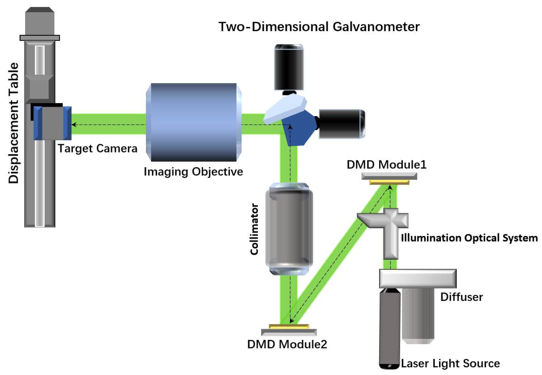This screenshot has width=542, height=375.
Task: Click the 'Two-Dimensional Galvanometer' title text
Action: [319, 27]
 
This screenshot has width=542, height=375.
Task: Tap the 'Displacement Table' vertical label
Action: [13, 123]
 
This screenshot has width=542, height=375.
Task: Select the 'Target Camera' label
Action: [97, 148]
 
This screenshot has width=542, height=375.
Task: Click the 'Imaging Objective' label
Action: [193, 171]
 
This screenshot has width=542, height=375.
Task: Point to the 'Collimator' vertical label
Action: [254, 229]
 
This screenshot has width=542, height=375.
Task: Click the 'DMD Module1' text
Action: [386, 165]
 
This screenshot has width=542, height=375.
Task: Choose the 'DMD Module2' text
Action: [287, 344]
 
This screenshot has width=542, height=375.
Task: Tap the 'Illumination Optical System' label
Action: [469, 238]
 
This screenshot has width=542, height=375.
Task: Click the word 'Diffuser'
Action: [461, 297]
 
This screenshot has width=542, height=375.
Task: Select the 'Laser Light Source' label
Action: [450, 363]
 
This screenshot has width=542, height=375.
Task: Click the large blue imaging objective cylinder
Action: [194, 122]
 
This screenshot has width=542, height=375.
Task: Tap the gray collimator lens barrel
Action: [289, 228]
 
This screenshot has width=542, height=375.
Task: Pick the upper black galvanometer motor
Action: [289, 67]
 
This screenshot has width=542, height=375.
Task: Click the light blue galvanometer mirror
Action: [285, 109]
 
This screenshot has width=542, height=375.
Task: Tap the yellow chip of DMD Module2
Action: [289, 327]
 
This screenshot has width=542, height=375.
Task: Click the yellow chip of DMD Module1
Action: [389, 182]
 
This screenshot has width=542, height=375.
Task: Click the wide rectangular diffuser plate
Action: [418, 278]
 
